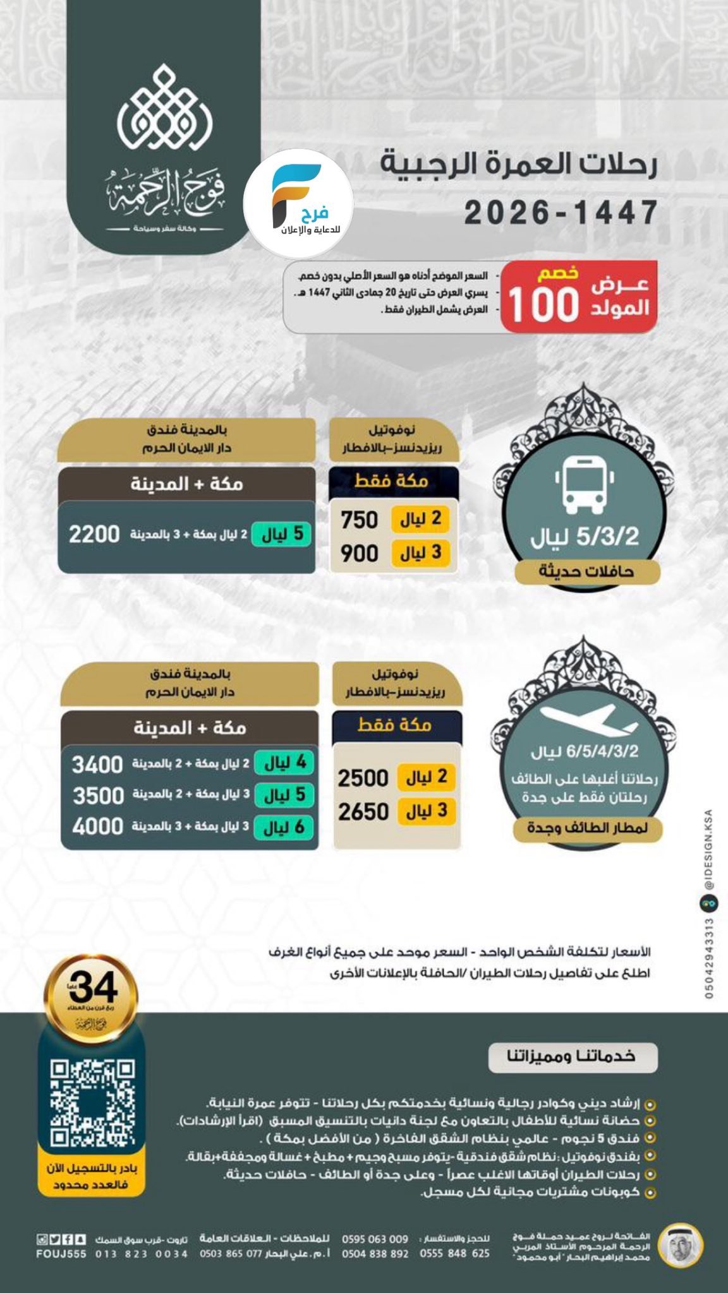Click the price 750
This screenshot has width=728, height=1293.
(359, 520)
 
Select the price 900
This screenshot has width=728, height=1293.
(359, 553)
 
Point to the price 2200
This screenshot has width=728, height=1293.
(94, 534)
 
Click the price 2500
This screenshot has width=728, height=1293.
(363, 778)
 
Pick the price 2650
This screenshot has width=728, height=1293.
(363, 811)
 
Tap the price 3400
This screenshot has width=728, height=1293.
(97, 765)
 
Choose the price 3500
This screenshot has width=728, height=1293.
(98, 795)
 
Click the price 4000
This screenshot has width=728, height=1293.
(97, 826)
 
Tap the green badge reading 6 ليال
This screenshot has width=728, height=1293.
(284, 826)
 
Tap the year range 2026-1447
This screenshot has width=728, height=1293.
(561, 213)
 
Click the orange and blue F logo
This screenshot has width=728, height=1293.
(298, 196)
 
